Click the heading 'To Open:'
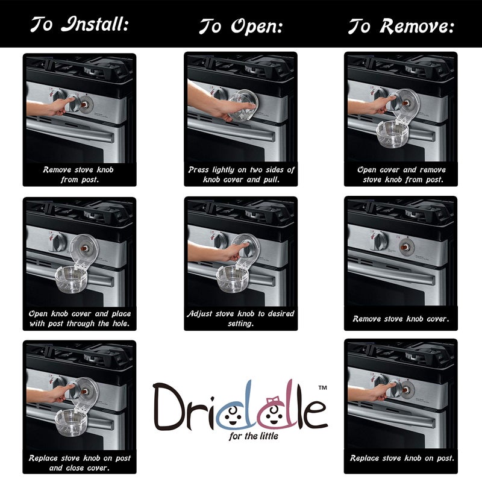click(241, 27)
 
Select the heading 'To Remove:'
click(401, 27)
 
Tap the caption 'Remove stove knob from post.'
click(78, 174)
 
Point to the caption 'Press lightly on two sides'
click(241, 170)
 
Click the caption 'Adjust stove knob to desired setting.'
click(241, 318)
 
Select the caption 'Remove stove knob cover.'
click(401, 319)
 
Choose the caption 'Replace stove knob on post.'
click(401, 459)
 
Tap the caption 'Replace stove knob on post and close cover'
click(78, 462)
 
